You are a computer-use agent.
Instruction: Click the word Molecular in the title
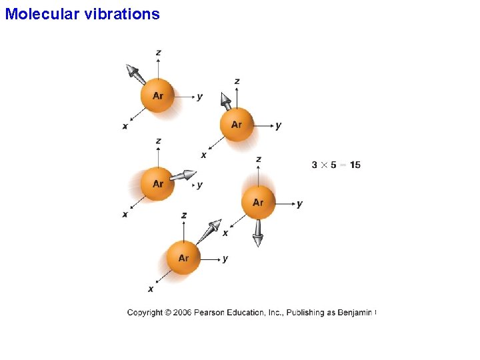pos(42,13)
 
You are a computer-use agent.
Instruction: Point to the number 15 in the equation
pos(355,165)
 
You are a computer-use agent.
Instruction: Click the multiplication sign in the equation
pos(324,165)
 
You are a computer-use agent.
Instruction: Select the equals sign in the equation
pos(343,165)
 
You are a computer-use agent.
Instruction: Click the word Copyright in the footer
pos(145,312)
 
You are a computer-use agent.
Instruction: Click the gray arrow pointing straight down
pos(257,233)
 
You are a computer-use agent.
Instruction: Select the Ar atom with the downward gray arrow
pos(258,202)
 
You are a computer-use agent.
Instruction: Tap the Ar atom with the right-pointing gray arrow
pos(157,183)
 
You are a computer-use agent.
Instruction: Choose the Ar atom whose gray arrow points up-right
pos(183,258)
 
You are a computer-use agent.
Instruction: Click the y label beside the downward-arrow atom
pos(299,203)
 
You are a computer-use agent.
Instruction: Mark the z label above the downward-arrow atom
pos(259,159)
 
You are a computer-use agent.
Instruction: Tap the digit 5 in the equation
pos(333,165)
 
